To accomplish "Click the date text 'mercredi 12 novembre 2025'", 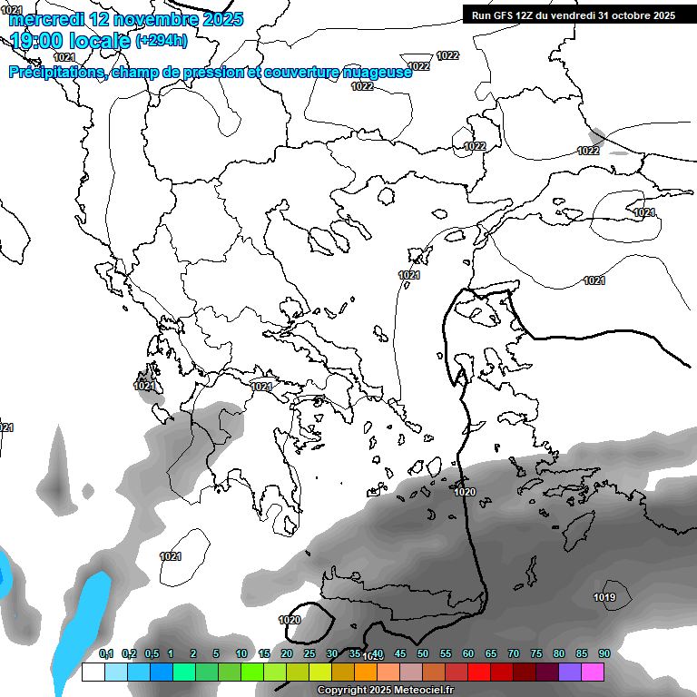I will coord(126,19).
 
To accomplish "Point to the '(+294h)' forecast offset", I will coord(162,41).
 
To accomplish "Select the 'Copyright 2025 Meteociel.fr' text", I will coord(386,691).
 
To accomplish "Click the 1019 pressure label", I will coord(604,597).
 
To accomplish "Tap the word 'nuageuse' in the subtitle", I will coord(374,73).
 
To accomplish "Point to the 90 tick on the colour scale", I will coord(604,654).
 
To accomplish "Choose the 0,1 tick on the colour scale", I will coord(105,654).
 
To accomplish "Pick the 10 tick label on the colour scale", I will coord(241,654).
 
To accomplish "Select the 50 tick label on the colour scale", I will coord(422,654).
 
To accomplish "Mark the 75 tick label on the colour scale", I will coord(535,654).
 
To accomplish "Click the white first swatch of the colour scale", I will coord(93,672).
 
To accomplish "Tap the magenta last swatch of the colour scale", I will coord(592,672).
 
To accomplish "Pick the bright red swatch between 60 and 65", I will coord(478,672).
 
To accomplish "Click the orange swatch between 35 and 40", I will coord(365,672).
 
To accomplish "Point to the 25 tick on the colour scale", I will coord(309,654).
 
